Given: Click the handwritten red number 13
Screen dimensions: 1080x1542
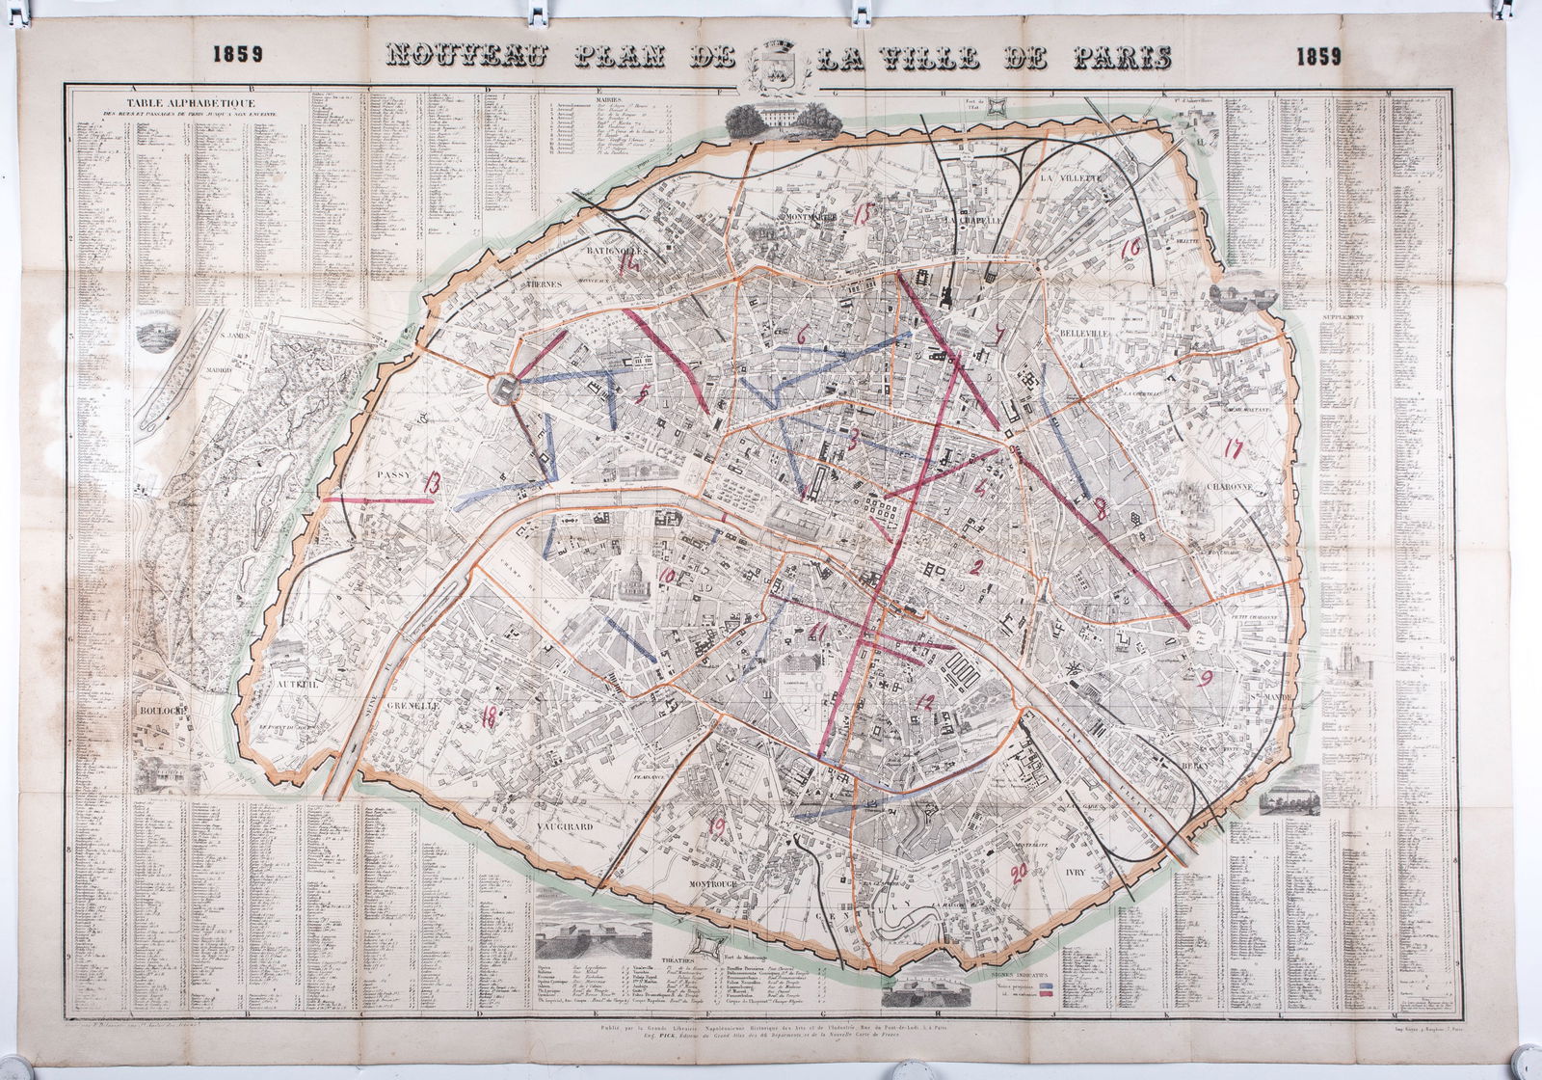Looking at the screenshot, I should point(434,485).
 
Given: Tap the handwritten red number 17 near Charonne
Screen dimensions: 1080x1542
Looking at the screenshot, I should point(1231,448).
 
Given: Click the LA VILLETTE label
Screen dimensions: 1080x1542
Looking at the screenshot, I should point(1069,179).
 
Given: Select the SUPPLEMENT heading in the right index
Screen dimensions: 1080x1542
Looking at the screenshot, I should point(1345,316).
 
